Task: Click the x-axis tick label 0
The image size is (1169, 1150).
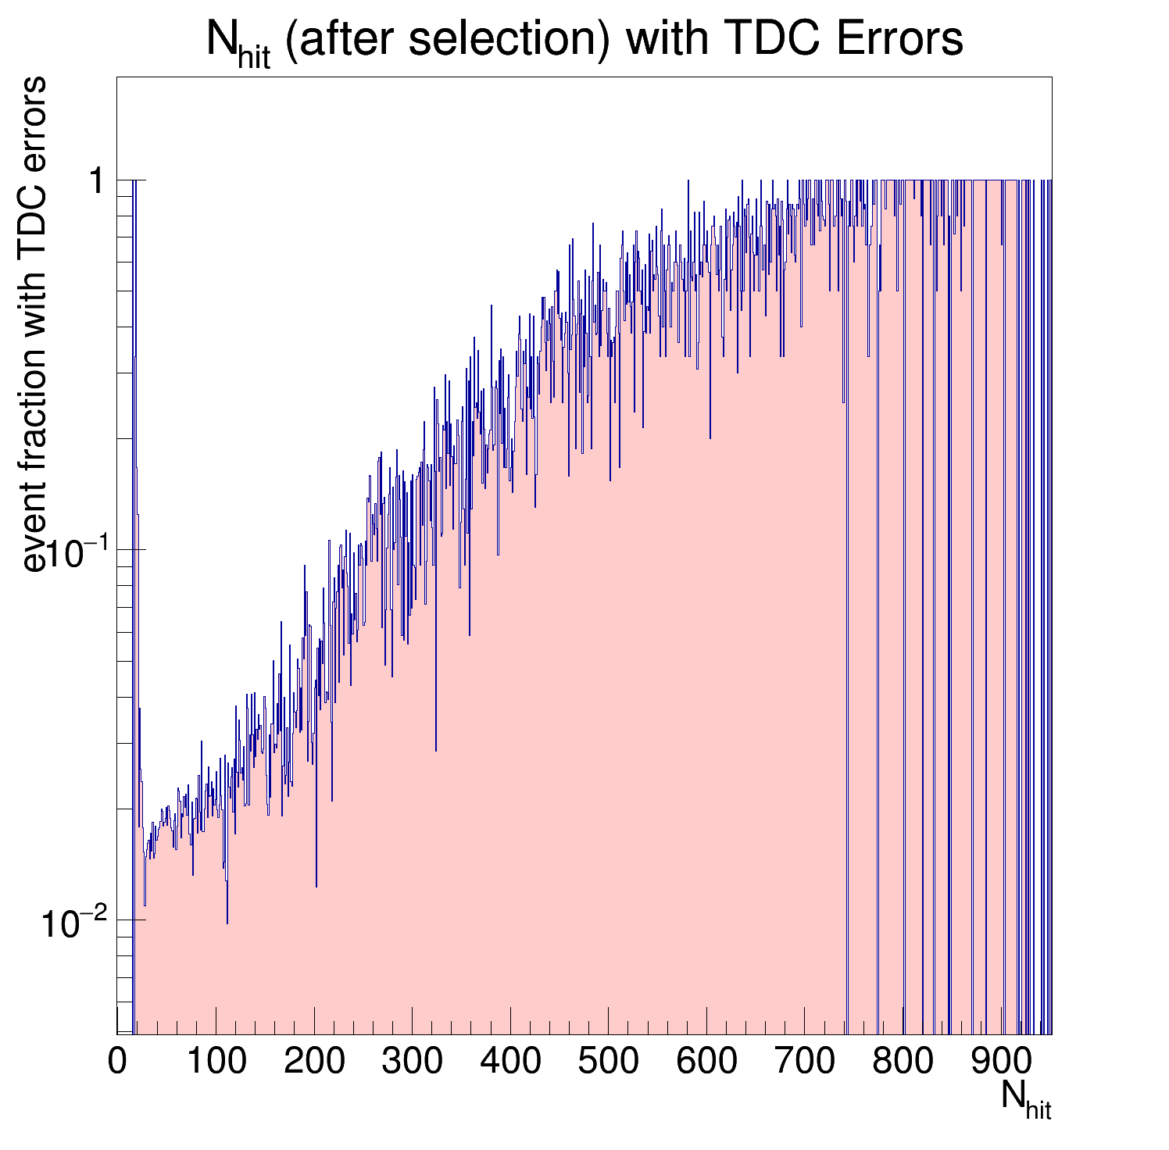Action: [117, 1062]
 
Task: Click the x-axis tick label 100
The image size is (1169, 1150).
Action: [216, 1062]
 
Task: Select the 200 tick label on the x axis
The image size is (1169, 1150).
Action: [314, 1062]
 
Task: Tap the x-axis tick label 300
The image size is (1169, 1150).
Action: [412, 1062]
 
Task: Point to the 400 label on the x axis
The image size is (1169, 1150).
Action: [510, 1062]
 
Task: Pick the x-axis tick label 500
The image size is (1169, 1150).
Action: [608, 1062]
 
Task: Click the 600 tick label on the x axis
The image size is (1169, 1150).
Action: [706, 1062]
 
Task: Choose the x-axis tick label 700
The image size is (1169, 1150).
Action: [804, 1062]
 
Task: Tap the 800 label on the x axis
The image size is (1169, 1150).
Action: [903, 1062]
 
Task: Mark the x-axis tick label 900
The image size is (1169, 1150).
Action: [1000, 1062]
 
